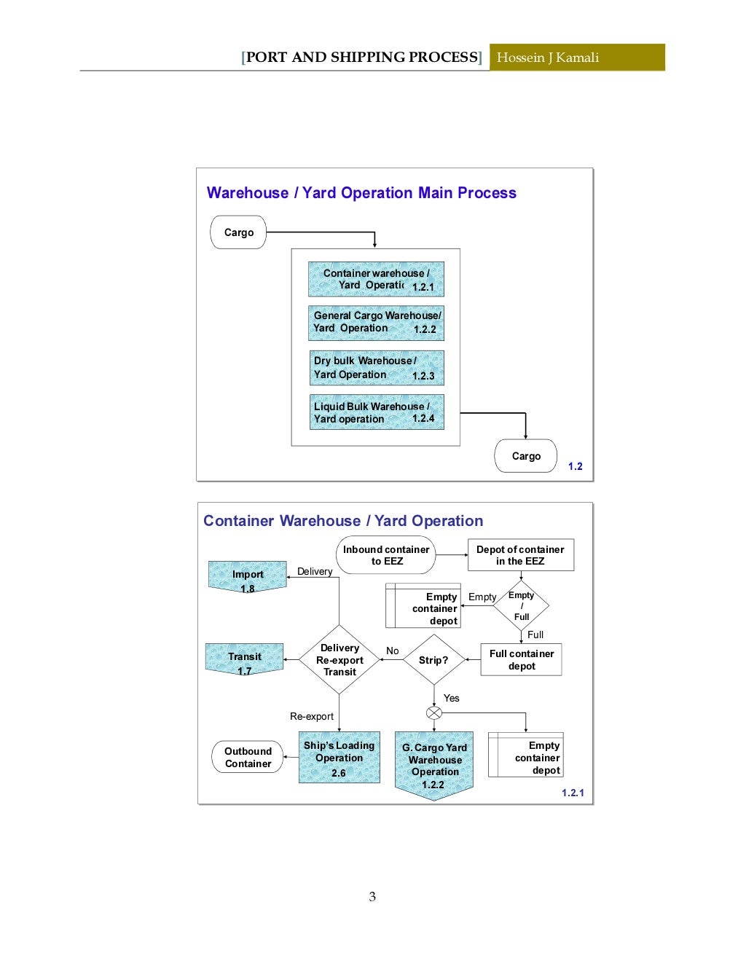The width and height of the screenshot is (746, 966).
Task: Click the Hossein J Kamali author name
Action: [x=548, y=58]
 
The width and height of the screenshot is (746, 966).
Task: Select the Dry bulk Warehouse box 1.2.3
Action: [x=376, y=368]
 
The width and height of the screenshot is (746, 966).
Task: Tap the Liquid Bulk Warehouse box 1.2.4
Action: [x=376, y=412]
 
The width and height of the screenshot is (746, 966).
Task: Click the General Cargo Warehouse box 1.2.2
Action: [x=376, y=323]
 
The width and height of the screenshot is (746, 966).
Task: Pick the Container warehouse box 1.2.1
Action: [x=376, y=280]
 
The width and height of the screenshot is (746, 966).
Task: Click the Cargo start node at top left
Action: [x=238, y=232]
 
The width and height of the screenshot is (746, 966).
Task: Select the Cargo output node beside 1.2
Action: [x=525, y=456]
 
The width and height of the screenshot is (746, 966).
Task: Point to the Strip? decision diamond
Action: [x=433, y=660]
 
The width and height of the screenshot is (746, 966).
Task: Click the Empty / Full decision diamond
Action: [x=522, y=605]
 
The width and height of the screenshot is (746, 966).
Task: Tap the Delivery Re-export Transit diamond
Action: [x=339, y=660]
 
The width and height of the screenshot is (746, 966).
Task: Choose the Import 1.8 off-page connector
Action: [x=248, y=577]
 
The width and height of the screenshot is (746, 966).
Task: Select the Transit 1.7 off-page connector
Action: [x=245, y=659]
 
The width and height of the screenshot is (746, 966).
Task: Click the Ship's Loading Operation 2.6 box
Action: [x=339, y=758]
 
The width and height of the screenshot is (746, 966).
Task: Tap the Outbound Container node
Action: [x=248, y=758]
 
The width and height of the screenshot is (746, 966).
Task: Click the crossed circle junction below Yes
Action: [x=434, y=713]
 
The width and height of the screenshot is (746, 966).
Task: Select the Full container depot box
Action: [x=522, y=660]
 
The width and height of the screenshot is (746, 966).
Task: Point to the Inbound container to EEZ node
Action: [x=386, y=555]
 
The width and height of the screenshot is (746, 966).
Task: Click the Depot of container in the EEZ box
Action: [x=520, y=555]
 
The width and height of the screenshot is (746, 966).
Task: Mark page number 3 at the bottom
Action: [x=372, y=897]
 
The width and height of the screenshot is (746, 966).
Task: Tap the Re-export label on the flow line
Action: [x=312, y=717]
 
